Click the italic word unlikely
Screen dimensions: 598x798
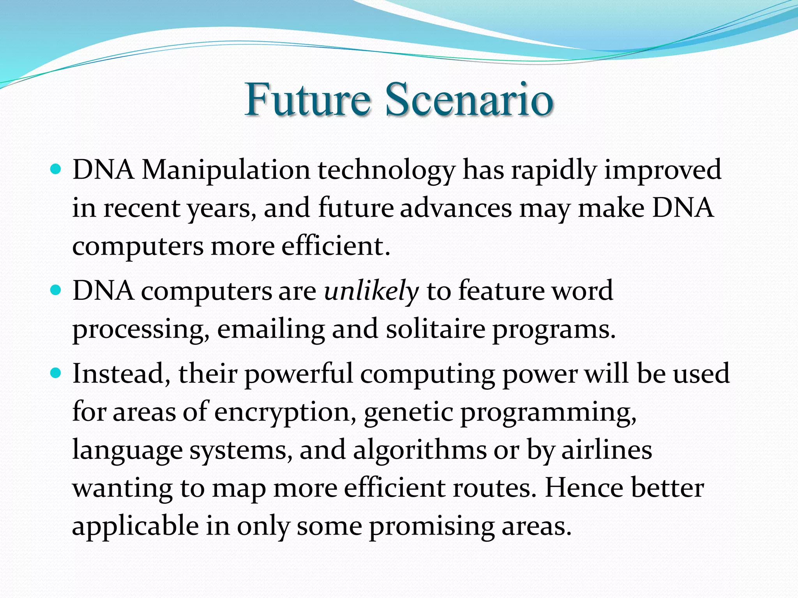click(x=371, y=291)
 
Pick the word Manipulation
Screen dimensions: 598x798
click(x=226, y=171)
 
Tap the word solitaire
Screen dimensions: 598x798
click(x=435, y=329)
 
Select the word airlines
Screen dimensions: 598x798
click(x=606, y=450)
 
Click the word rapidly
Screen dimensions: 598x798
click(x=554, y=171)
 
